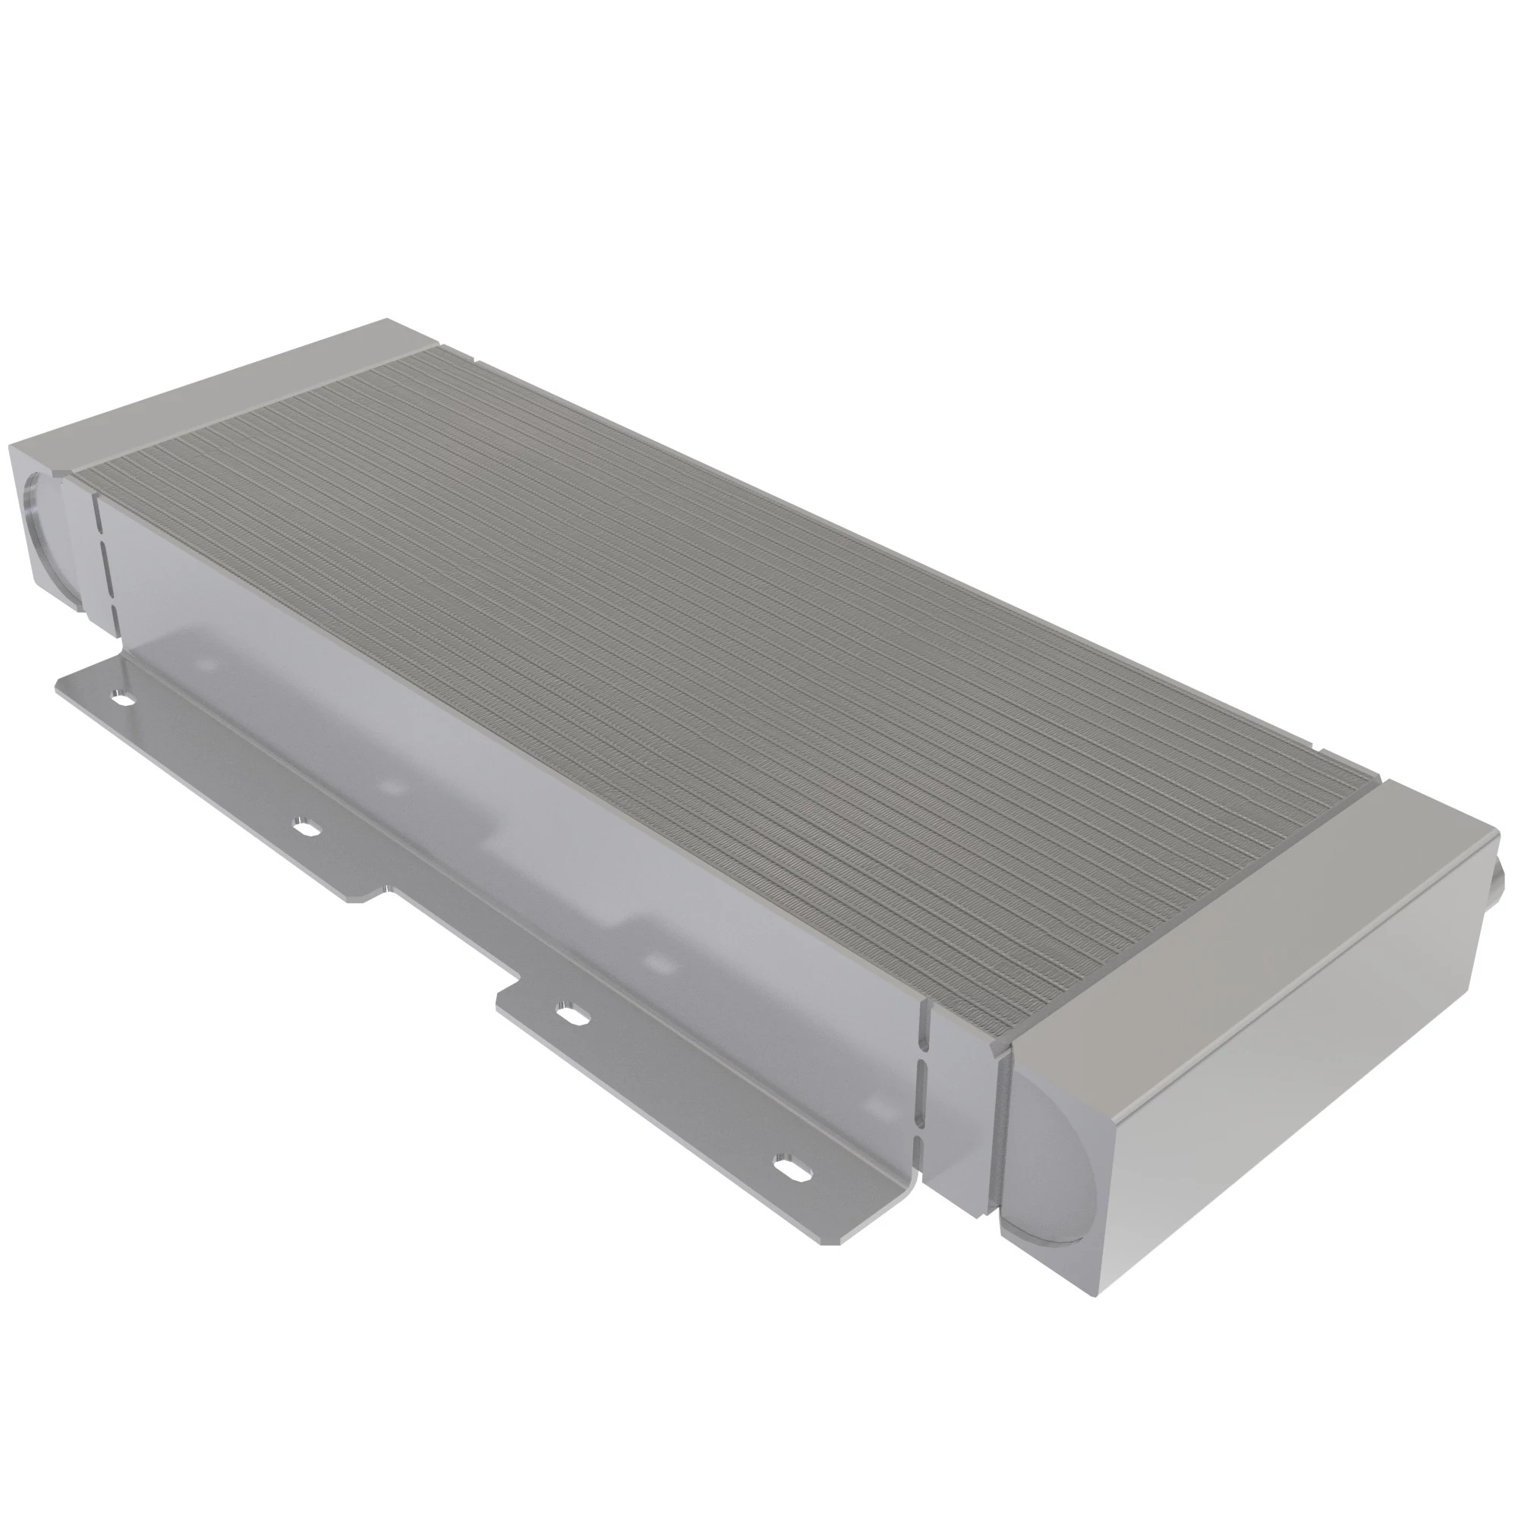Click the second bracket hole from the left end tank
(307, 827)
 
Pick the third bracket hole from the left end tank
(573, 1014)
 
